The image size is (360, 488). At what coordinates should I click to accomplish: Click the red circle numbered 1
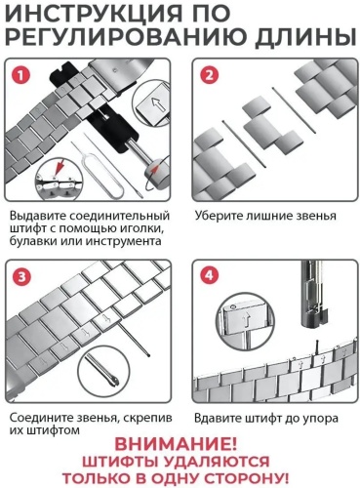pyautogui.click(x=20, y=75)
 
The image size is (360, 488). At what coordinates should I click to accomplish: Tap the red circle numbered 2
pyautogui.click(x=209, y=75)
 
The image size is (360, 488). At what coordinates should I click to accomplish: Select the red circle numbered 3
pyautogui.click(x=21, y=276)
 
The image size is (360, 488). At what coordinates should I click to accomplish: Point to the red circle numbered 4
pyautogui.click(x=209, y=275)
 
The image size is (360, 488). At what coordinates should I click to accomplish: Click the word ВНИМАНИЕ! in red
pyautogui.click(x=176, y=444)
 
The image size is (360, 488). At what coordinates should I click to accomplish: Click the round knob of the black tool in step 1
pyautogui.click(x=158, y=170)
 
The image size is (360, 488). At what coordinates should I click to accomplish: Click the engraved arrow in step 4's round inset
pyautogui.click(x=245, y=320)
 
